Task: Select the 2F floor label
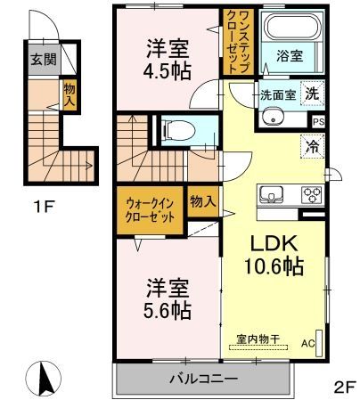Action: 345,387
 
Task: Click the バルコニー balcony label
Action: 204,379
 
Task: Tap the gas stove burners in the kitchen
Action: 311,193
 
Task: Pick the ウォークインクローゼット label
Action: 148,210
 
